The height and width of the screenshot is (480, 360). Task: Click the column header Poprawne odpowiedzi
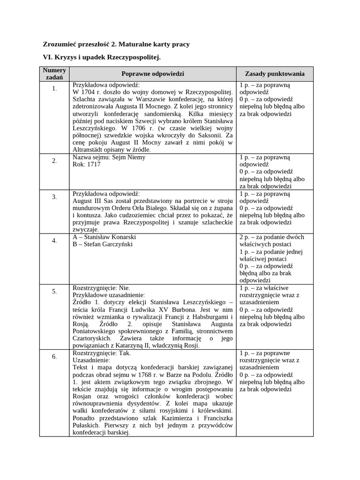coord(153,74)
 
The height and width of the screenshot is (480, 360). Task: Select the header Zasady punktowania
coord(275,74)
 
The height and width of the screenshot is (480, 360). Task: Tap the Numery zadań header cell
coord(54,74)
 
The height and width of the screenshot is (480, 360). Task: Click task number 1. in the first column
coord(54,89)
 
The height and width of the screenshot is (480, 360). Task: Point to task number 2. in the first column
coord(54,161)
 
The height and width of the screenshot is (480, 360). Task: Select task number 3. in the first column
coord(54,197)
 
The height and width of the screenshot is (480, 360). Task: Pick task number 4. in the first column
coord(54,240)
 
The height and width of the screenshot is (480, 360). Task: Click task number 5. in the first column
coord(54,291)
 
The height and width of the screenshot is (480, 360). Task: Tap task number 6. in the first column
coord(54,356)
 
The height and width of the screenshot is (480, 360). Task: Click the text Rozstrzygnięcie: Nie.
coord(101,288)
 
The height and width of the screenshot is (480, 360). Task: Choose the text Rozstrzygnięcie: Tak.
coord(102,353)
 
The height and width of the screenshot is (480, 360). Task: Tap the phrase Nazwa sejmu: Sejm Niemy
coord(109,157)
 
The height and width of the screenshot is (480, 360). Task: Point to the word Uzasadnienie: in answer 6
coord(91,360)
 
